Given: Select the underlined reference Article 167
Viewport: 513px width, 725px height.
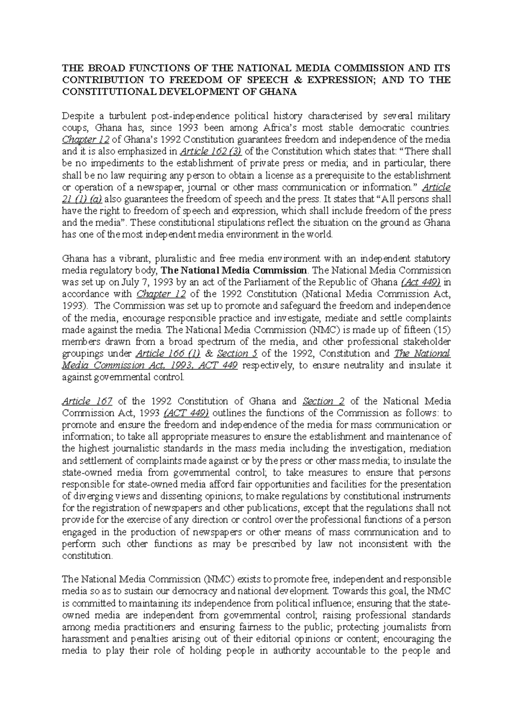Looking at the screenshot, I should (x=87, y=401).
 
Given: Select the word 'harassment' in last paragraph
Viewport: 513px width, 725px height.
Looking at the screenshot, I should (x=85, y=639).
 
